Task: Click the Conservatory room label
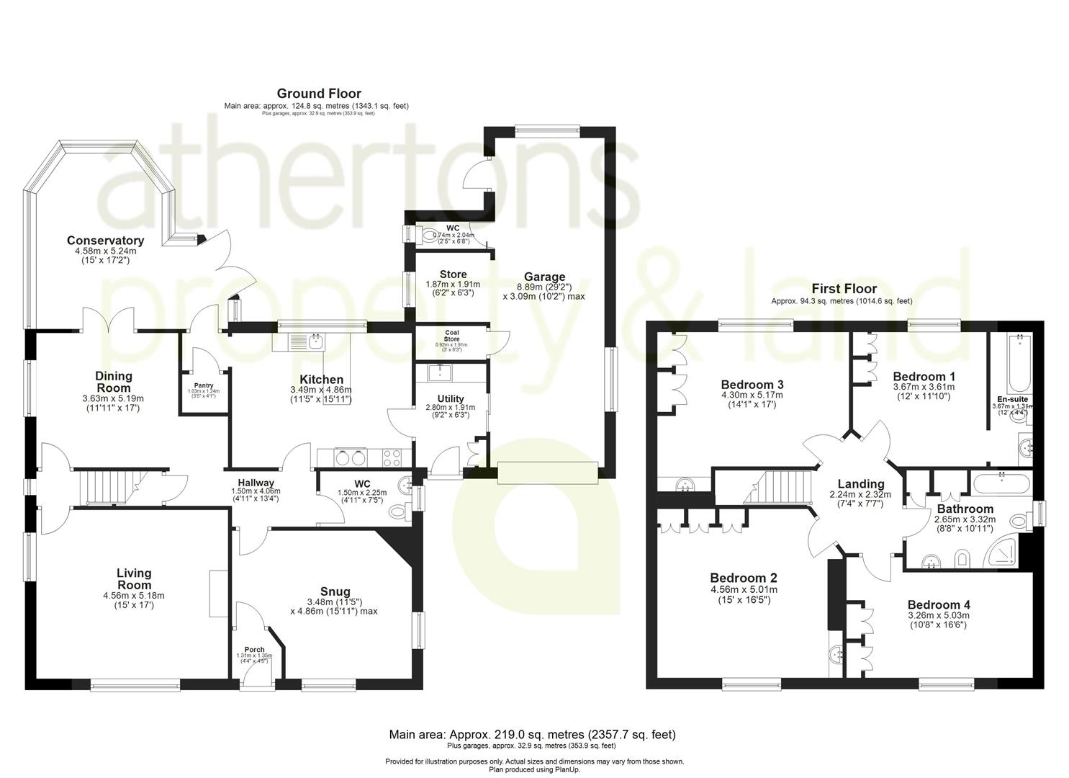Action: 105,241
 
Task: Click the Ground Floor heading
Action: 319,94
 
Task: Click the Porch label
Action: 254,649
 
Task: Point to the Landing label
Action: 861,484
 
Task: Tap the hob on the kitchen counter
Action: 392,456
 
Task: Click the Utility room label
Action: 451,398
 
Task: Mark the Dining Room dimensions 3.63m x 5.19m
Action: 114,398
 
